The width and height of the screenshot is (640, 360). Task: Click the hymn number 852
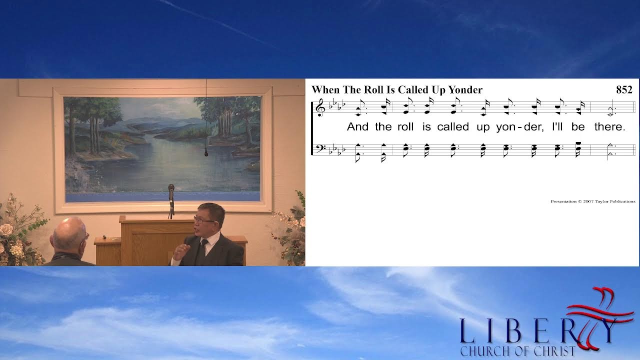[x=624, y=90]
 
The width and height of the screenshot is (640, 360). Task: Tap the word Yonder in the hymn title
[x=465, y=90]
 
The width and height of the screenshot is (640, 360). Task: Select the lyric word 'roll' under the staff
[x=405, y=127]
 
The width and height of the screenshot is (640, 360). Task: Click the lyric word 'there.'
[x=609, y=127]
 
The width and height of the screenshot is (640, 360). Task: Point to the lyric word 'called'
[x=453, y=127]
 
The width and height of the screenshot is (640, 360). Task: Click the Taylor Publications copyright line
[x=592, y=201]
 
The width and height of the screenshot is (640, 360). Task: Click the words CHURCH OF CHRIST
[x=517, y=351]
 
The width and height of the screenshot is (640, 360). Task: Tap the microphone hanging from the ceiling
[x=206, y=153]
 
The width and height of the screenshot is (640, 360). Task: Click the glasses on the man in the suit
[x=203, y=220]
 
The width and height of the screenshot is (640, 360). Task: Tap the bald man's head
[x=68, y=231]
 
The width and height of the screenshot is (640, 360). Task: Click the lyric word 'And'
[x=357, y=127]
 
